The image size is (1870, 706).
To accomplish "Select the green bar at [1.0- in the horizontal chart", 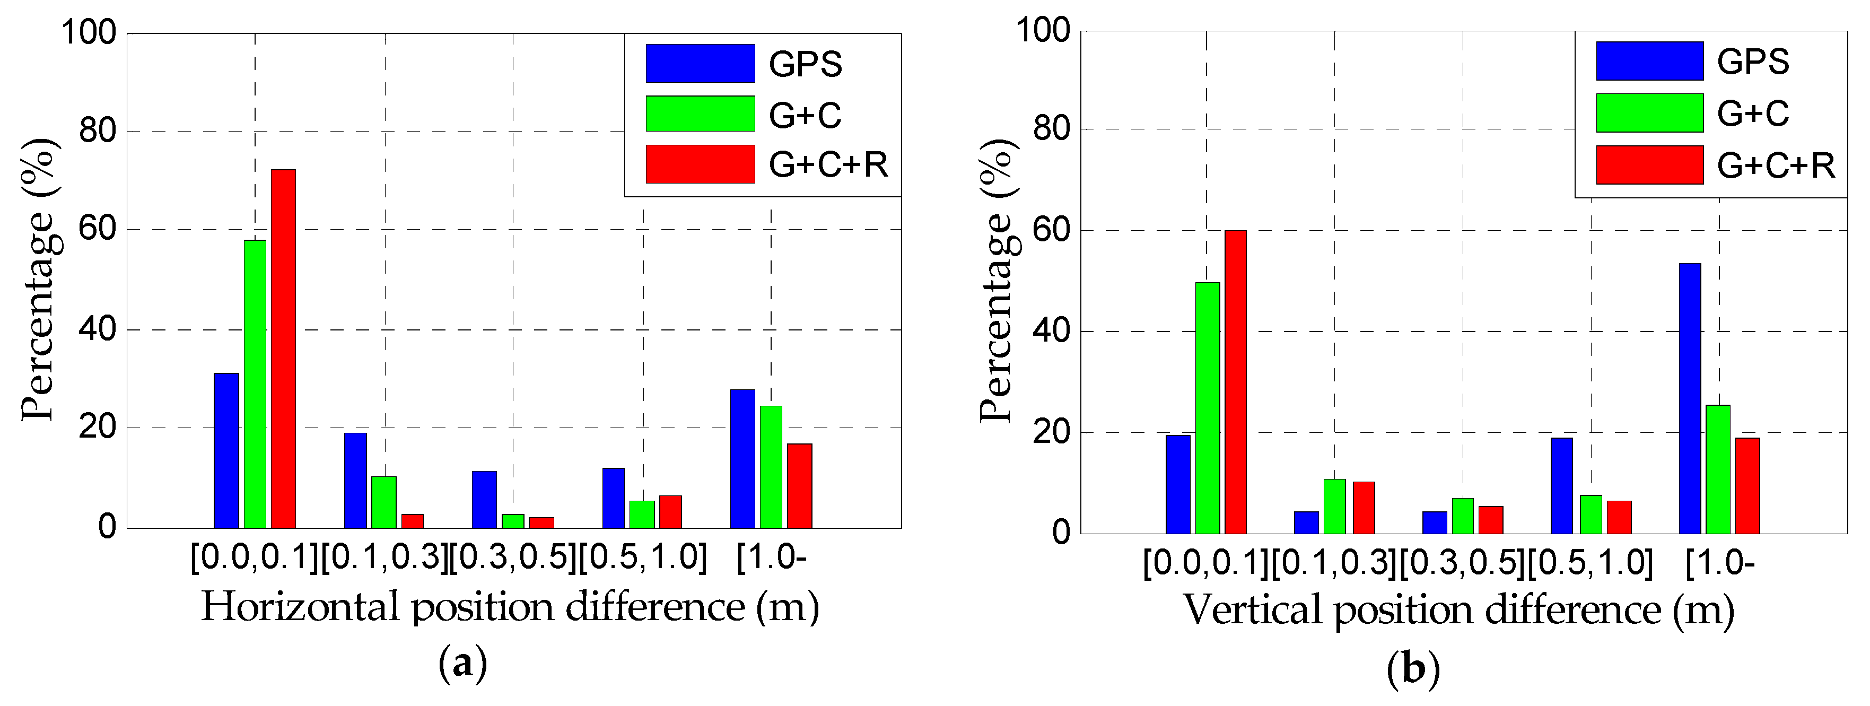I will pos(771,466).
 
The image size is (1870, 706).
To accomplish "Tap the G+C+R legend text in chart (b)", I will pos(1776,165).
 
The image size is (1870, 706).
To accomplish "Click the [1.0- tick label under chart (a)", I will pos(771,558).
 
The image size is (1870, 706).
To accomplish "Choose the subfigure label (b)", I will pos(1413,667).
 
